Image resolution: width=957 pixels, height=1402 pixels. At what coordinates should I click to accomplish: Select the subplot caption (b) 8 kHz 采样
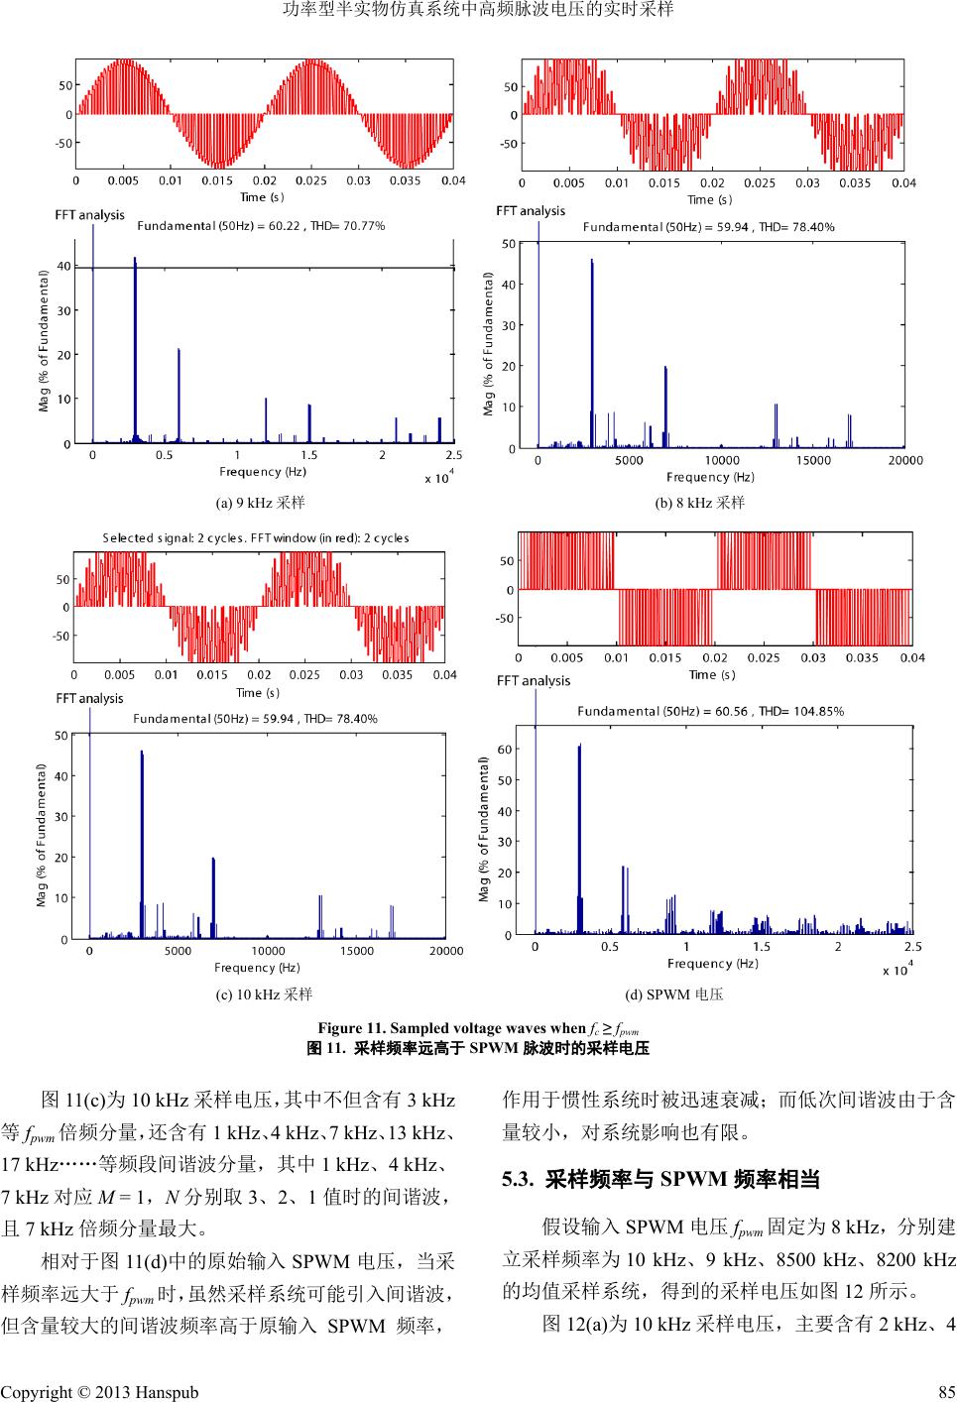pos(700,503)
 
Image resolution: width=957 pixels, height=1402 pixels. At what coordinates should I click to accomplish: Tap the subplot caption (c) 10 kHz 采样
pos(256,993)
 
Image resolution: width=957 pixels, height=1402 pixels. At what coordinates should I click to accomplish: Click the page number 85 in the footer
pos(944,1392)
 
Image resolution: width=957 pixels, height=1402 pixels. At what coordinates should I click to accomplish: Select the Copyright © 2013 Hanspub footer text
pos(99,1392)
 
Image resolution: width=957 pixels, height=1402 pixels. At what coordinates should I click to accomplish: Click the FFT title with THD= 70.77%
pos(261,226)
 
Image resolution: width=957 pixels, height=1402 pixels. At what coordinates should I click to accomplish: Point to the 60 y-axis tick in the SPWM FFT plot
pos(505,750)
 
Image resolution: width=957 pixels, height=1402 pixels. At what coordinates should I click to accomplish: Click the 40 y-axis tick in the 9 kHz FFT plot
pos(64,266)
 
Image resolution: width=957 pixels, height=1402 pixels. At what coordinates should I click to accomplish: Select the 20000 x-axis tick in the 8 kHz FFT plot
pos(903,460)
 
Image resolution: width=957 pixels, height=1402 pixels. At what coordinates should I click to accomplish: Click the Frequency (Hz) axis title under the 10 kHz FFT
pos(259,967)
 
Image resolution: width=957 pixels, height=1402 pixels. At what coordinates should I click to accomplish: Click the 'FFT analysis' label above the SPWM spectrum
pos(534,681)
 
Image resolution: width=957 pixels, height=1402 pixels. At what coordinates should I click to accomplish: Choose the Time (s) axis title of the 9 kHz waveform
pos(263,197)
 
